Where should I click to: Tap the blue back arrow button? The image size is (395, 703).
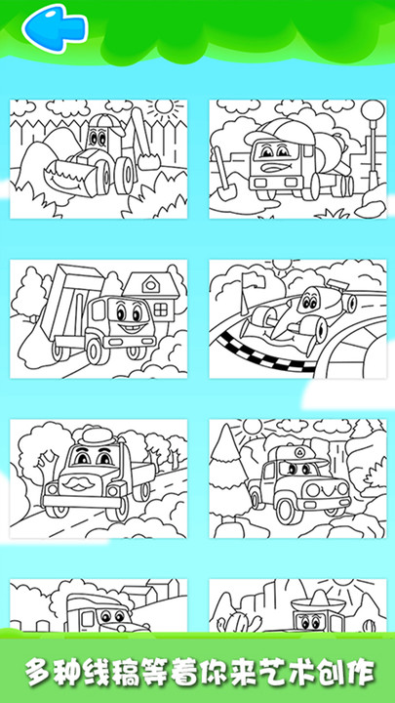55,28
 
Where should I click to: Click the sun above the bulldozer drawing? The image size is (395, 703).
165,106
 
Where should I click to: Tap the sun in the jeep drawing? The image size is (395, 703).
253,427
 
